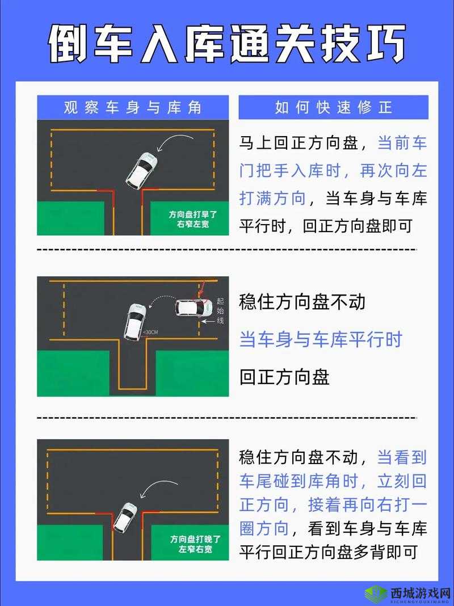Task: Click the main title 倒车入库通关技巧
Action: coord(226,44)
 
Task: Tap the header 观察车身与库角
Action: coord(133,107)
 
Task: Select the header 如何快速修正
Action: coord(333,107)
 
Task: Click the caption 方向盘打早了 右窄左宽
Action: coord(189,219)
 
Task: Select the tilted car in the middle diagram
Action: coord(134,321)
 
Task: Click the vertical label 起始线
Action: coord(221,310)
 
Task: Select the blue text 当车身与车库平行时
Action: coord(321,339)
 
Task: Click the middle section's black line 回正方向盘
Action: coord(284,377)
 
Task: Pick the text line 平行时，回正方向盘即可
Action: coord(325,225)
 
